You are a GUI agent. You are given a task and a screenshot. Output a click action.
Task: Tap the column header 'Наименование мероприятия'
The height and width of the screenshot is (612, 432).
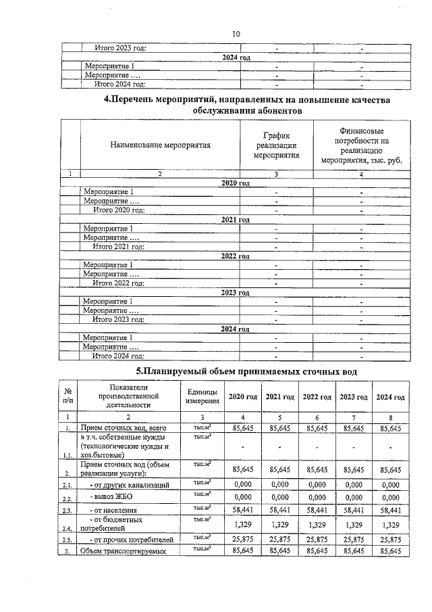click(161, 144)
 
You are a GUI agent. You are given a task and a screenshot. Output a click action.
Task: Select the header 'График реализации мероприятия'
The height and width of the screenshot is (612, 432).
click(276, 145)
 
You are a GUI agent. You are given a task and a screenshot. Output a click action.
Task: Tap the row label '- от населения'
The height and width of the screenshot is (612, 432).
click(115, 511)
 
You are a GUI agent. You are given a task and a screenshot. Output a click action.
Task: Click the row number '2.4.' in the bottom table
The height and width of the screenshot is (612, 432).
click(67, 529)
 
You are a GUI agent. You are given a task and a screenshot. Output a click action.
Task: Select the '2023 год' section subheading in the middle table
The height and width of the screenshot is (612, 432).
click(236, 292)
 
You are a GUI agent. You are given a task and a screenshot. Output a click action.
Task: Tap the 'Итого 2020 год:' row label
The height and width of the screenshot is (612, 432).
click(119, 210)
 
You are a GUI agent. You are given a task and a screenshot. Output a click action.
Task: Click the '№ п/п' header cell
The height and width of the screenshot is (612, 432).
click(67, 397)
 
